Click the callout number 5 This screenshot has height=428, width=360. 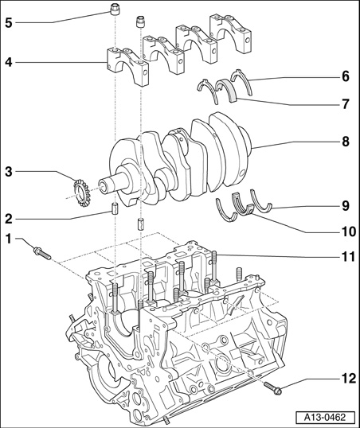point(9,23)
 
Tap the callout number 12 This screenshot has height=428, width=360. point(348,379)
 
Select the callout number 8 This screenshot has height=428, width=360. point(346,142)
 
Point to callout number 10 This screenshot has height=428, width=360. point(348,232)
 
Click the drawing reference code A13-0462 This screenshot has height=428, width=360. point(325,417)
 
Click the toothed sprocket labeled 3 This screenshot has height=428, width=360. point(80,193)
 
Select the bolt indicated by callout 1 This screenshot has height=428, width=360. point(42,253)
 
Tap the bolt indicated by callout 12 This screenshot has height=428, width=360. point(273,388)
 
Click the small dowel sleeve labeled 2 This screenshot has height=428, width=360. point(115,208)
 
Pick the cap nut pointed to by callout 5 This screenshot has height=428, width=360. point(115,9)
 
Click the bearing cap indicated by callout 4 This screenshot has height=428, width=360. point(127,65)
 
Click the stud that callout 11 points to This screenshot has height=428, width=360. point(214,267)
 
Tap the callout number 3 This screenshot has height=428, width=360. point(9,173)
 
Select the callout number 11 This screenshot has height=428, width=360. point(348,257)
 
